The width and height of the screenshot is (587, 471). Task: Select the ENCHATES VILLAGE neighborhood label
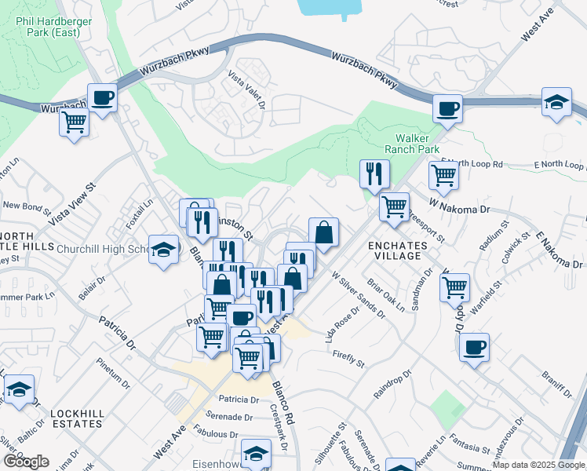[397, 251]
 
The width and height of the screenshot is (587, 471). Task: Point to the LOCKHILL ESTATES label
[76, 418]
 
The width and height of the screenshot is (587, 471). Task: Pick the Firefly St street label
[348, 358]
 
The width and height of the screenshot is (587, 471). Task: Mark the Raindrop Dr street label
[392, 385]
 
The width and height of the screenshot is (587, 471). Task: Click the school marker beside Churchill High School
[163, 250]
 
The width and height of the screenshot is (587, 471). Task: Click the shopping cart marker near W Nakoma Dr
[394, 208]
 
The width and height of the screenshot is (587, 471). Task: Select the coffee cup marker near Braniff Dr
[473, 347]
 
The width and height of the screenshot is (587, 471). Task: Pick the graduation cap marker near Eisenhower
[256, 453]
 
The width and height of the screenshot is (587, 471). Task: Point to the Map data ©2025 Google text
[538, 465]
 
